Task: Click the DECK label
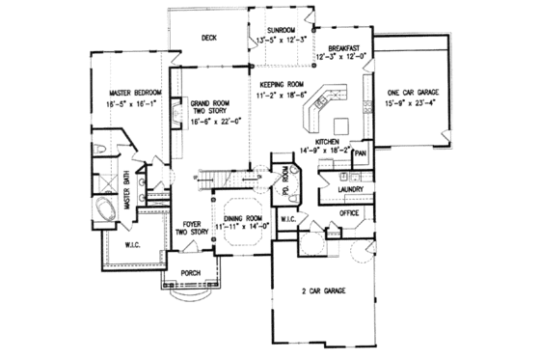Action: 208,39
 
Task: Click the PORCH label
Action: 190,273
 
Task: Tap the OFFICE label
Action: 349,212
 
